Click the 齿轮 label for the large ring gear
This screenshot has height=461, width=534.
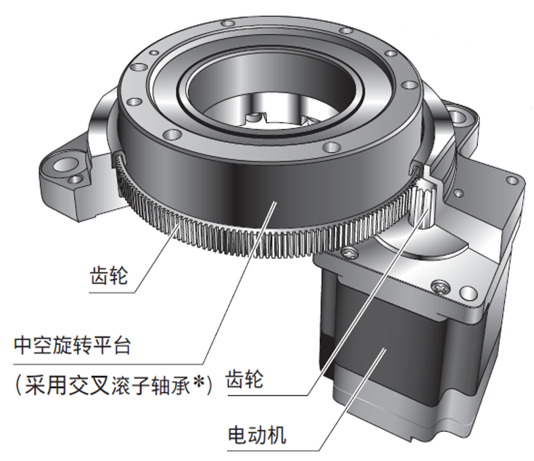[x=109, y=275]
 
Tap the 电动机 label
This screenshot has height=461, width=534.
[x=257, y=435]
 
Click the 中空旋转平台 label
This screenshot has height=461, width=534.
[x=72, y=346]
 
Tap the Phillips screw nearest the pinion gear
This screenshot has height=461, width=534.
[x=351, y=252]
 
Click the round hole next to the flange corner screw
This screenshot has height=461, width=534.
[x=468, y=292]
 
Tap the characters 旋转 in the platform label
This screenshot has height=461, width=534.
[x=72, y=346]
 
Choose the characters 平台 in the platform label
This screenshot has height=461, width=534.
[x=112, y=346]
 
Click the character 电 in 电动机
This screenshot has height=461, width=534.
[x=238, y=435]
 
